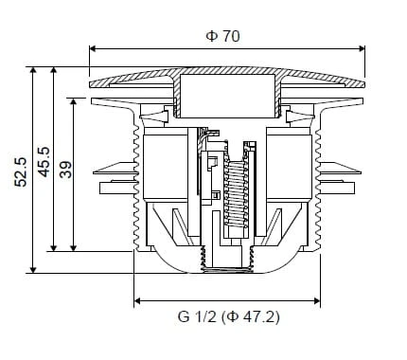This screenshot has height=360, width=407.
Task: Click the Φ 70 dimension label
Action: [222, 36]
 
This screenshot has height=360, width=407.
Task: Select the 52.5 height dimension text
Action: [21, 171]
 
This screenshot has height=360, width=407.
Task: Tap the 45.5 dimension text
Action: [44, 162]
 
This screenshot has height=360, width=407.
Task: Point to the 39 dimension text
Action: [66, 170]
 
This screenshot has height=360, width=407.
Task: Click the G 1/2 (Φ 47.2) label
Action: [229, 316]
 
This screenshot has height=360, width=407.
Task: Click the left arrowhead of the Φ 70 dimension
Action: [93, 48]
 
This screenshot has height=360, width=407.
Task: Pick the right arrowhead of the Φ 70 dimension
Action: [362, 48]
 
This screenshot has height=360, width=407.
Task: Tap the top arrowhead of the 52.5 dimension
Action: [33, 70]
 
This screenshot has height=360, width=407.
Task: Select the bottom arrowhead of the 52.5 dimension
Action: [33, 269]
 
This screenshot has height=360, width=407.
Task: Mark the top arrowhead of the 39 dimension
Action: [73, 102]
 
